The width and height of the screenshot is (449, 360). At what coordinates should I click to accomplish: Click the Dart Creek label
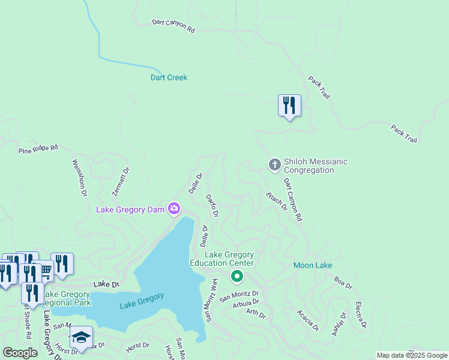coord(169,77)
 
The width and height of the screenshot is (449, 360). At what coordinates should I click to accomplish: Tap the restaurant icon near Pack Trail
coord(289,106)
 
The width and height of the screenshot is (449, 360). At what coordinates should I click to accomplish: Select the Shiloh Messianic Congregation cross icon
coord(275,164)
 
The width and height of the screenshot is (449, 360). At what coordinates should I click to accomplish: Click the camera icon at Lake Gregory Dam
coord(174,209)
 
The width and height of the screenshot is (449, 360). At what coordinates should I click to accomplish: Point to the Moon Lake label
coord(313,265)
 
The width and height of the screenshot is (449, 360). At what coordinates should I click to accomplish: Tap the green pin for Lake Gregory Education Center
coord(237,277)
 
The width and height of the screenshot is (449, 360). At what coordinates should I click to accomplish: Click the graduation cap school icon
coord(81,337)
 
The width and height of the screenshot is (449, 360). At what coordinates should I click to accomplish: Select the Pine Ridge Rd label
coord(38,148)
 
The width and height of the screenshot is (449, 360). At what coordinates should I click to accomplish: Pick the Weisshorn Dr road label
coord(80,178)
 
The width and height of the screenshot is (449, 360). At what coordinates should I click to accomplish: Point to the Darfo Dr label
coord(212,205)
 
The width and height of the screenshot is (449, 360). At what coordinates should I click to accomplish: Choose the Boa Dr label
coord(343,282)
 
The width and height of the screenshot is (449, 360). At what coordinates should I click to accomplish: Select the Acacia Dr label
coord(308,320)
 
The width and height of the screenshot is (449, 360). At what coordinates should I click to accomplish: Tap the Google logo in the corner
coord(20,353)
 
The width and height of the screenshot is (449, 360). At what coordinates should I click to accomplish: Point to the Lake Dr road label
coord(106,284)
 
